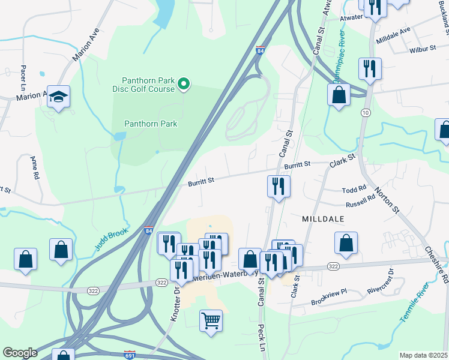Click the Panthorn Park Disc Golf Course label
tap(148, 85)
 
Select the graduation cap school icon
tap(59, 96)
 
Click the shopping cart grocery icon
tap(211, 320)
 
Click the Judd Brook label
tap(112, 239)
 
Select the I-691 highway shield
tap(130, 355)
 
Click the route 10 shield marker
tap(365, 112)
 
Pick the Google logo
tap(19, 353)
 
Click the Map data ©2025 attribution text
tap(423, 355)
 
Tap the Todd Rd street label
tap(354, 190)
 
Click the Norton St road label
tap(387, 200)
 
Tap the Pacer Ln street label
tap(23, 59)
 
